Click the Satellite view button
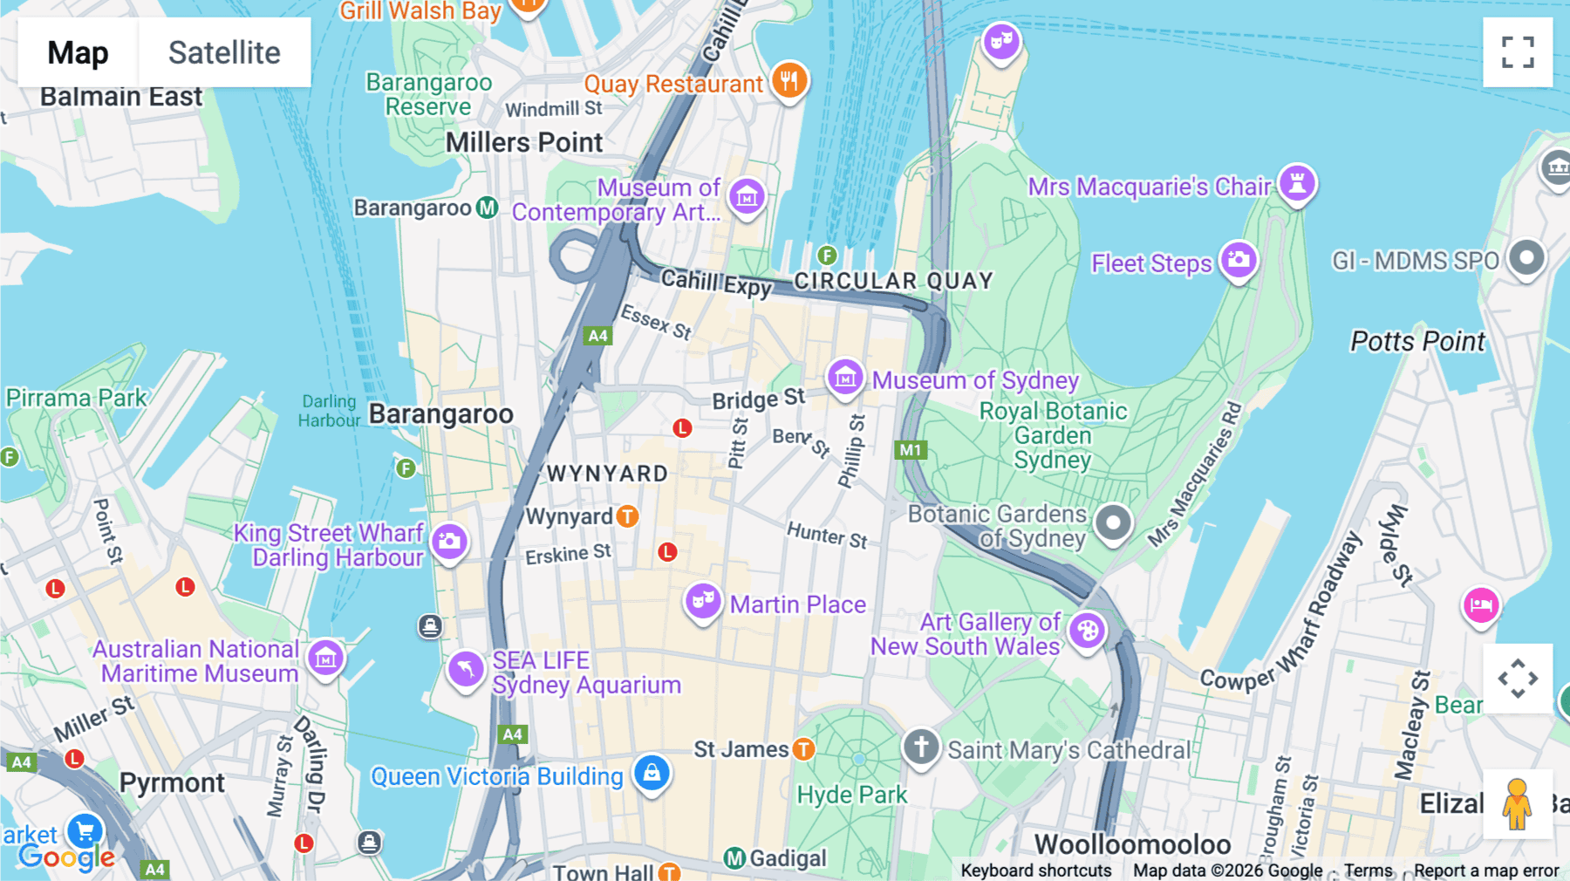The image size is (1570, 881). click(224, 52)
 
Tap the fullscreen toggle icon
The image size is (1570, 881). click(1518, 52)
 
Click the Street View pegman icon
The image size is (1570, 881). click(1518, 804)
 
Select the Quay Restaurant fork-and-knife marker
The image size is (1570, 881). click(789, 80)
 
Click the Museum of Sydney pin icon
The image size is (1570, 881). click(845, 378)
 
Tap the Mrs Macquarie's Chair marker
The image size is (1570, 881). click(1297, 183)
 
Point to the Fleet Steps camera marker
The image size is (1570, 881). click(1239, 259)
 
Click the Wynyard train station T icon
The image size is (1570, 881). click(627, 516)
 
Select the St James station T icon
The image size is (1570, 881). click(803, 748)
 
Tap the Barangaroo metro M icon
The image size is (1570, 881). click(487, 208)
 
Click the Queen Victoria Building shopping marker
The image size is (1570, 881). click(652, 772)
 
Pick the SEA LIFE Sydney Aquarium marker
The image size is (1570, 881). click(466, 669)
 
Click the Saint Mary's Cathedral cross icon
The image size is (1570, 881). click(921, 747)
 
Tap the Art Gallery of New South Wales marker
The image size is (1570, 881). click(1088, 630)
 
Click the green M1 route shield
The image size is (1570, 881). click(911, 450)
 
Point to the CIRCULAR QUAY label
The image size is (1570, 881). click(893, 281)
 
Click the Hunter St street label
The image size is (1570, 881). click(827, 535)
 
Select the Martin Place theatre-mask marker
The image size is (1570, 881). click(702, 601)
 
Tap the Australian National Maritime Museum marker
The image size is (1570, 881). click(325, 658)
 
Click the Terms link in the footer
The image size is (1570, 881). click(1368, 871)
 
